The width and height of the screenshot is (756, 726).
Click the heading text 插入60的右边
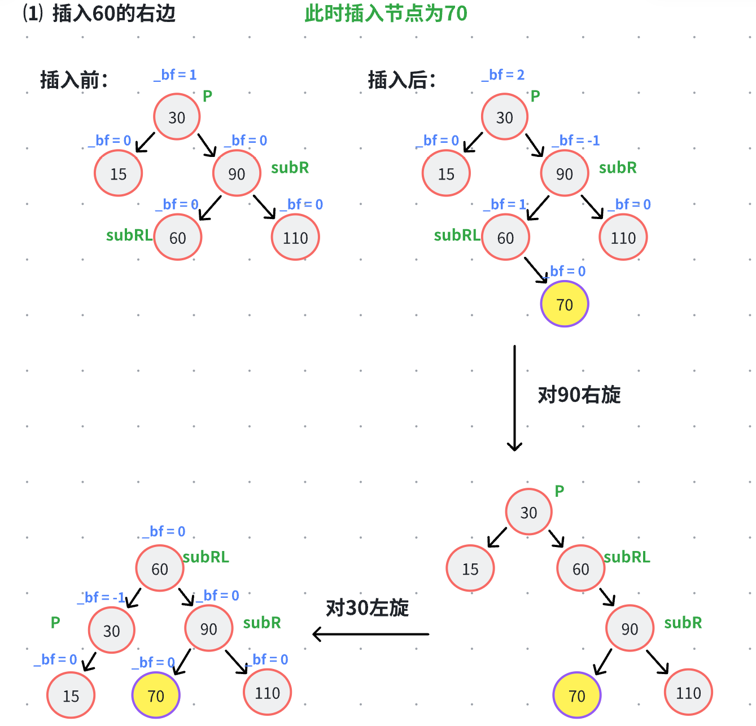pos(113,14)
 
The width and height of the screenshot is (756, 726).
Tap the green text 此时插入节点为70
pos(386,14)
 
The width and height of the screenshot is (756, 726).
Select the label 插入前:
pos(74,80)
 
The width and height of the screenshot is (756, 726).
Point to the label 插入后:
pos(402,80)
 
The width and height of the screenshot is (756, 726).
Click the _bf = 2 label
pos(503,75)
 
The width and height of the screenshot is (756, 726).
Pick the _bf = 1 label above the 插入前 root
pos(175,75)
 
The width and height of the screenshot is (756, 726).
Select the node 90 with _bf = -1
pos(565,173)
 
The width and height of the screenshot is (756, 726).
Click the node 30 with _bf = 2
pos(505,117)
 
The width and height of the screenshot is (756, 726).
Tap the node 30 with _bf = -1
pos(112,630)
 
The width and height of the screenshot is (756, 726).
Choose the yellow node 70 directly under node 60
pos(565,304)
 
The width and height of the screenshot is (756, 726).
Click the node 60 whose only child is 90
pos(581,568)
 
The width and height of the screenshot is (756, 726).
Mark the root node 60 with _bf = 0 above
pos(160,568)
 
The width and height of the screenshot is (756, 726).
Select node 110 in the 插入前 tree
pos(295,237)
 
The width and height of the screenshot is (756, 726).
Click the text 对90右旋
pos(579,395)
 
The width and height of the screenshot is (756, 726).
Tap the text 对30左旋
pos(368,608)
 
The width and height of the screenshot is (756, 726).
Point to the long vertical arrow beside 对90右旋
pos(514,398)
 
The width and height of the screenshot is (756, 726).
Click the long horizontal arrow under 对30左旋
pos(371,634)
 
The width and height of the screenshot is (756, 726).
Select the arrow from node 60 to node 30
pos(133,598)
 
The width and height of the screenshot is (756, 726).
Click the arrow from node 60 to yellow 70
pos(536,269)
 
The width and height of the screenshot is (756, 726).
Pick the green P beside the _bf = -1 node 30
pos(55,622)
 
